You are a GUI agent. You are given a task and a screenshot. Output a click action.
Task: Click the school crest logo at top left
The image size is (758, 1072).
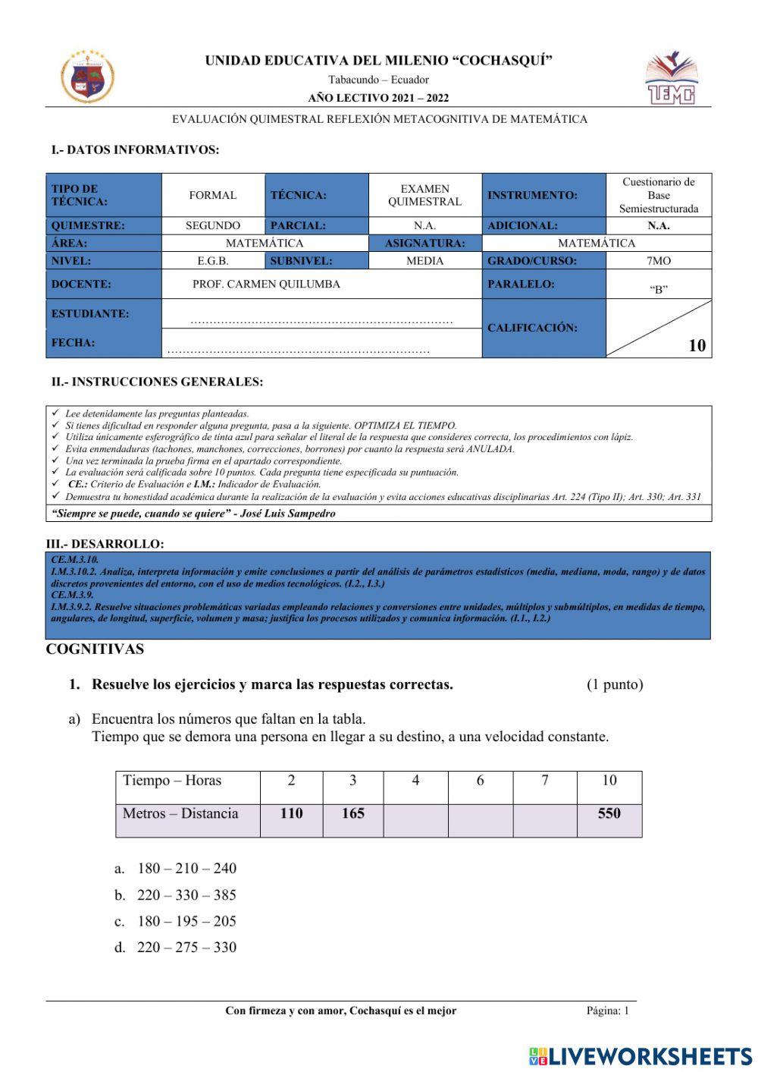coord(87,77)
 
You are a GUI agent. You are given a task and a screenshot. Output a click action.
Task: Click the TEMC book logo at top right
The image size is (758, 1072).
coord(670,78)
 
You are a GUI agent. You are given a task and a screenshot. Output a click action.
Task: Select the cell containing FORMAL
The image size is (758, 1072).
coord(213,195)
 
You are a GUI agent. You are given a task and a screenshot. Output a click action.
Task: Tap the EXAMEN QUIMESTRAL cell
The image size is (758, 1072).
coord(424,195)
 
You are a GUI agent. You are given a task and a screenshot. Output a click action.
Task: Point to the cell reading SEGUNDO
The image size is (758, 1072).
coord(213,225)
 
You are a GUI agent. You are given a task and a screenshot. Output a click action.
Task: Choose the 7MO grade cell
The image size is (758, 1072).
coord(658,260)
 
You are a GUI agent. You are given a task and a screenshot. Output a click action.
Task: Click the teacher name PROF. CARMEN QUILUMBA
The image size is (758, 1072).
coord(266,284)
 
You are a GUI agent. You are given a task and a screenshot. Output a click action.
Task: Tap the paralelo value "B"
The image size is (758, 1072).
coord(658,289)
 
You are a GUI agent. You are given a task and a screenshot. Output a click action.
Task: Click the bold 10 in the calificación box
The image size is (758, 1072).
coord(697,345)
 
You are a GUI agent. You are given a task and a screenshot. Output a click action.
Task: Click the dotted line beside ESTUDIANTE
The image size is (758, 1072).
coord(321,321)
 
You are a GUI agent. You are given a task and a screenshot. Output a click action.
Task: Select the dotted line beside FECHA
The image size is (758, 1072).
coord(299,351)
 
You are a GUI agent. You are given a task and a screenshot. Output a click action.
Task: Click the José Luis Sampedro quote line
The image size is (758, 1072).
coord(193,514)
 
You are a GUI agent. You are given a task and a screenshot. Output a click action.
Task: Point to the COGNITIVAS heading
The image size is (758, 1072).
coord(95,649)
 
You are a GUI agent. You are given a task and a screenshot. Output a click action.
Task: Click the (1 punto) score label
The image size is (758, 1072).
coord(614,684)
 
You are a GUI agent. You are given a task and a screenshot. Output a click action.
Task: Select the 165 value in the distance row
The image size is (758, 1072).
coord(352,813)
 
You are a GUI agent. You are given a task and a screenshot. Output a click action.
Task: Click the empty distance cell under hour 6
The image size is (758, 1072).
coord(480,820)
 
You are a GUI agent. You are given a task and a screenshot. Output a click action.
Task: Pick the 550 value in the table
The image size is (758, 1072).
coord(609,813)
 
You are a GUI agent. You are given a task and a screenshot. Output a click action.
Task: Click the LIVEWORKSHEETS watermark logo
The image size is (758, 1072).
coord(641,1056)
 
